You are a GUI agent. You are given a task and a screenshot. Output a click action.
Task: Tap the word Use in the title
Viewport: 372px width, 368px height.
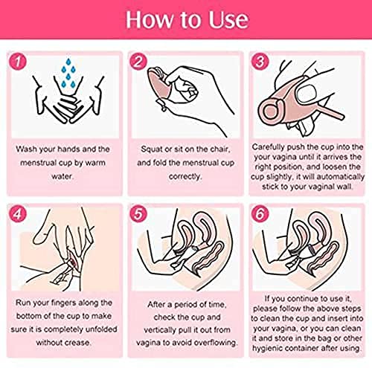[228, 19]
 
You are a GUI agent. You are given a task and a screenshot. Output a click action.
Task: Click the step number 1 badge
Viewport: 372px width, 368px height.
[18, 61]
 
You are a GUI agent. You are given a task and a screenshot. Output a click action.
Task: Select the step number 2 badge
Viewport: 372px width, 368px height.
[138, 61]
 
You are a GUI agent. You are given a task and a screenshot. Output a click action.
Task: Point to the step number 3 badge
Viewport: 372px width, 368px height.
[260, 61]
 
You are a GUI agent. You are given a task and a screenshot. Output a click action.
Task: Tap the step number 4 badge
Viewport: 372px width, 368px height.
[18, 213]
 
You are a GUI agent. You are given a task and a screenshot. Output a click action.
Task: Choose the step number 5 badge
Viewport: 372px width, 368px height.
[138, 213]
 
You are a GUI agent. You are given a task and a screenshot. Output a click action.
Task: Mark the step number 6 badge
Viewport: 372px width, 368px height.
[260, 213]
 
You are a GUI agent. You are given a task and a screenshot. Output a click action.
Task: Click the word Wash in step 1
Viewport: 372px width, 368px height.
[26, 149]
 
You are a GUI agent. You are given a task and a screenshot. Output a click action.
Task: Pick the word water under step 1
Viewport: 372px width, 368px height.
[62, 176]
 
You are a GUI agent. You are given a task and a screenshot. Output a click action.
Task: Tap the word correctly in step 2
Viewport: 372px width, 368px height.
[185, 177]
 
